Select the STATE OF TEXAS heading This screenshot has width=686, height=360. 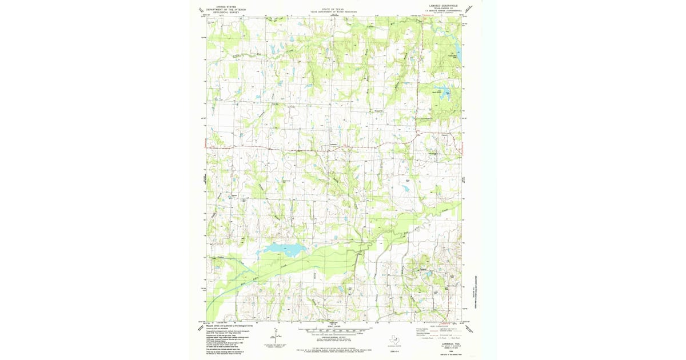(333, 9)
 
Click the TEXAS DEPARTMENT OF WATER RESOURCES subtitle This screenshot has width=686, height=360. (333, 12)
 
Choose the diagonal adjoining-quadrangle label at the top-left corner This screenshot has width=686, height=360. (201, 10)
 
